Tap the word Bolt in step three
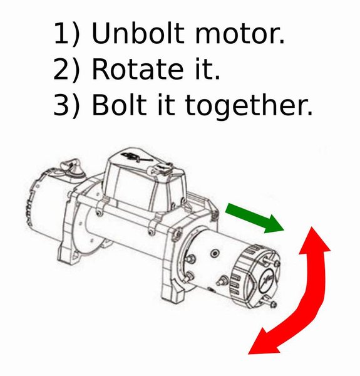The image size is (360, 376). coord(118,107)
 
